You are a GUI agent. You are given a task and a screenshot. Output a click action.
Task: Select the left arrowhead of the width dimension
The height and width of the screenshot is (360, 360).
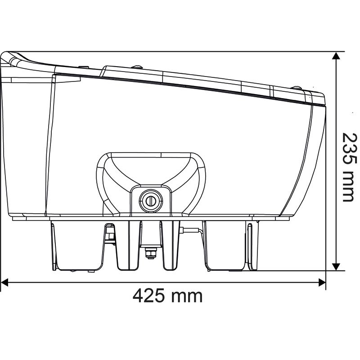[x=5, y=283]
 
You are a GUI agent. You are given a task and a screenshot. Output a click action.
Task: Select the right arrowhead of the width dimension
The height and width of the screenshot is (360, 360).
[x=322, y=283]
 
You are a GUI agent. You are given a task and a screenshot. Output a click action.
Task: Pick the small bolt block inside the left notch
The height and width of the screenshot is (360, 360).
[x=108, y=234]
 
